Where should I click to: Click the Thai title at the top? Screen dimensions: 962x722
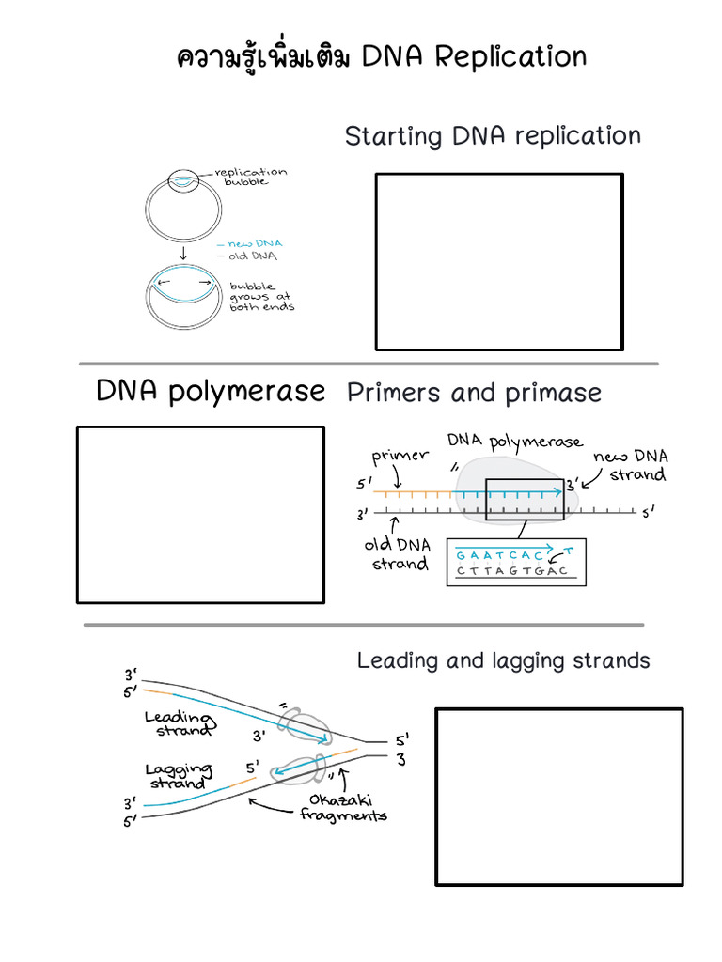coord(381,57)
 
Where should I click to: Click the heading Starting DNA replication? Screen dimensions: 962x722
coord(492,136)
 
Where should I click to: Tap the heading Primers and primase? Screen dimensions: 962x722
coord(474,393)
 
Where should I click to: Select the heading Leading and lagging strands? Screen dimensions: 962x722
coord(503,660)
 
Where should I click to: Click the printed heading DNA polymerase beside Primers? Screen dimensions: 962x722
coord(211,391)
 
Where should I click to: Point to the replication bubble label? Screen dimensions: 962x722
coord(250,177)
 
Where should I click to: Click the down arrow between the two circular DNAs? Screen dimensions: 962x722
coord(182,253)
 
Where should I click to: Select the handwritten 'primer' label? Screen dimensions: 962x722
coord(400,458)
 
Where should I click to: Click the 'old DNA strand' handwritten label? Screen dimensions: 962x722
coord(398,554)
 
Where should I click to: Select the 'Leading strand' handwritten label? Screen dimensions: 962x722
coord(179,723)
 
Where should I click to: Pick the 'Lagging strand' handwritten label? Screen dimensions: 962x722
coord(179,776)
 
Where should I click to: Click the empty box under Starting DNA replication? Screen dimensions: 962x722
coord(499,261)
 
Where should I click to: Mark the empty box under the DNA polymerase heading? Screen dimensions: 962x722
coord(200,515)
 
